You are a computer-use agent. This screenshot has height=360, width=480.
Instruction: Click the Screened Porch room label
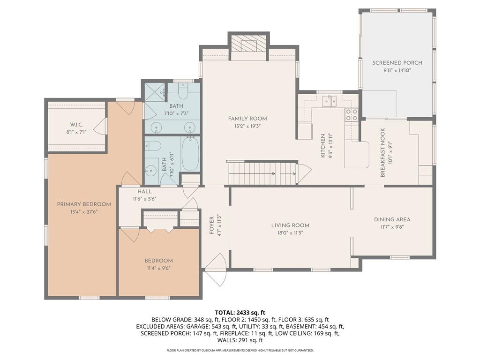point(397,63)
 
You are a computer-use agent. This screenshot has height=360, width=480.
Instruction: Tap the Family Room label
point(247,119)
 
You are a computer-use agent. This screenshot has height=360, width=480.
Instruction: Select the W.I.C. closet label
point(76,125)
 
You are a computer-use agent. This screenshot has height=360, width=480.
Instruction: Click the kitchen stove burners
point(352,114)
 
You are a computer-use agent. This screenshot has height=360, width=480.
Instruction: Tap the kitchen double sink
point(329,101)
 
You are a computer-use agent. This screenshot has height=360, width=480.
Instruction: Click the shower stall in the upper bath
point(155,92)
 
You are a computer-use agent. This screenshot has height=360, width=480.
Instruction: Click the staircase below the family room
point(262,173)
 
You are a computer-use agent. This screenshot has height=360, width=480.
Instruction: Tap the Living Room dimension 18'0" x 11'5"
point(290,233)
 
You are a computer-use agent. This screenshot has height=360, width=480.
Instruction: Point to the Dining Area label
point(392,219)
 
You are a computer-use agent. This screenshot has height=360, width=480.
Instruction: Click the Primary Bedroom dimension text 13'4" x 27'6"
point(83,212)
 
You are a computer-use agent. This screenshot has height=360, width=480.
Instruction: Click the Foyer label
point(211,225)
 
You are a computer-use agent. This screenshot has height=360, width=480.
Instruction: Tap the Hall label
point(144,191)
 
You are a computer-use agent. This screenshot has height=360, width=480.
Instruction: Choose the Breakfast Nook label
point(382,152)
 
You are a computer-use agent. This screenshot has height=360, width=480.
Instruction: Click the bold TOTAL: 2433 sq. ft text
point(240,313)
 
